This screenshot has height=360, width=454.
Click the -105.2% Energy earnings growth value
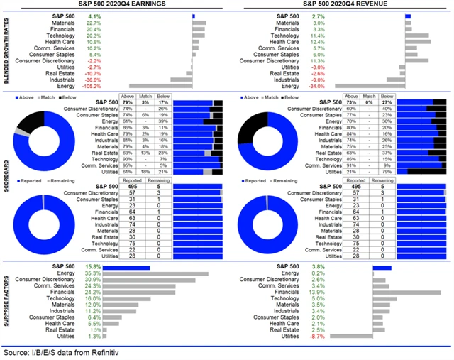92,87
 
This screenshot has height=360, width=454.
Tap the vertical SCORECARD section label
6,178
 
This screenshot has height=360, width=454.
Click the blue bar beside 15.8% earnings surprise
127,267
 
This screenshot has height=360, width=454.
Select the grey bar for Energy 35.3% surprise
156,273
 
